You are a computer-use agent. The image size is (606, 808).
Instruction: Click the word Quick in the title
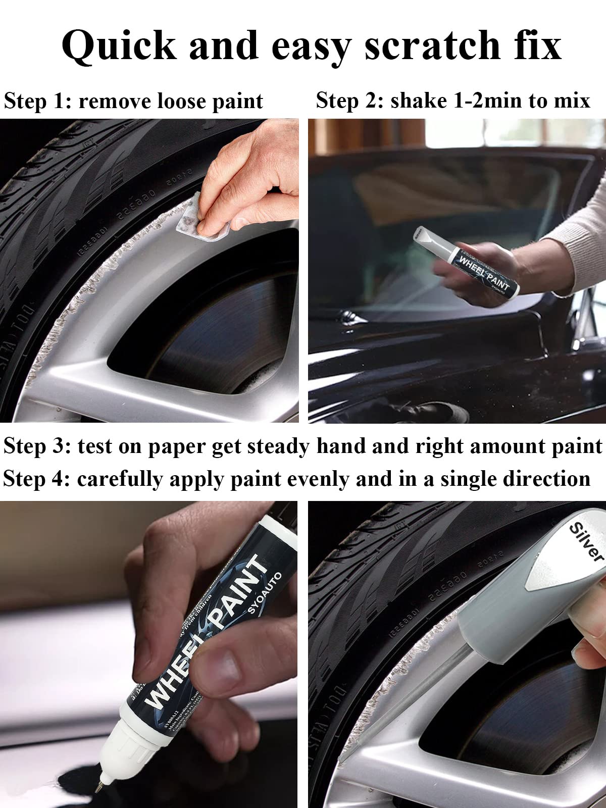tap(119, 46)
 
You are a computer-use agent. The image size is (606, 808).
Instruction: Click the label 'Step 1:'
tap(37, 101)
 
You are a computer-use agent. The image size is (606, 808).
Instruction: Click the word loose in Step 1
tap(181, 101)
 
